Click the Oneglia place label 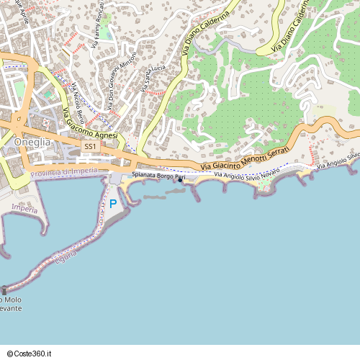coord(32,142)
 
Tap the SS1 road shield coord(90,146)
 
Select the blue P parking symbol coord(112,204)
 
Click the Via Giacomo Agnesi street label coord(89,125)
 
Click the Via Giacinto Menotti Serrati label coord(245,158)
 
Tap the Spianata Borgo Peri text coord(153,176)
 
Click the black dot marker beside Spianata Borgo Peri coord(180,180)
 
